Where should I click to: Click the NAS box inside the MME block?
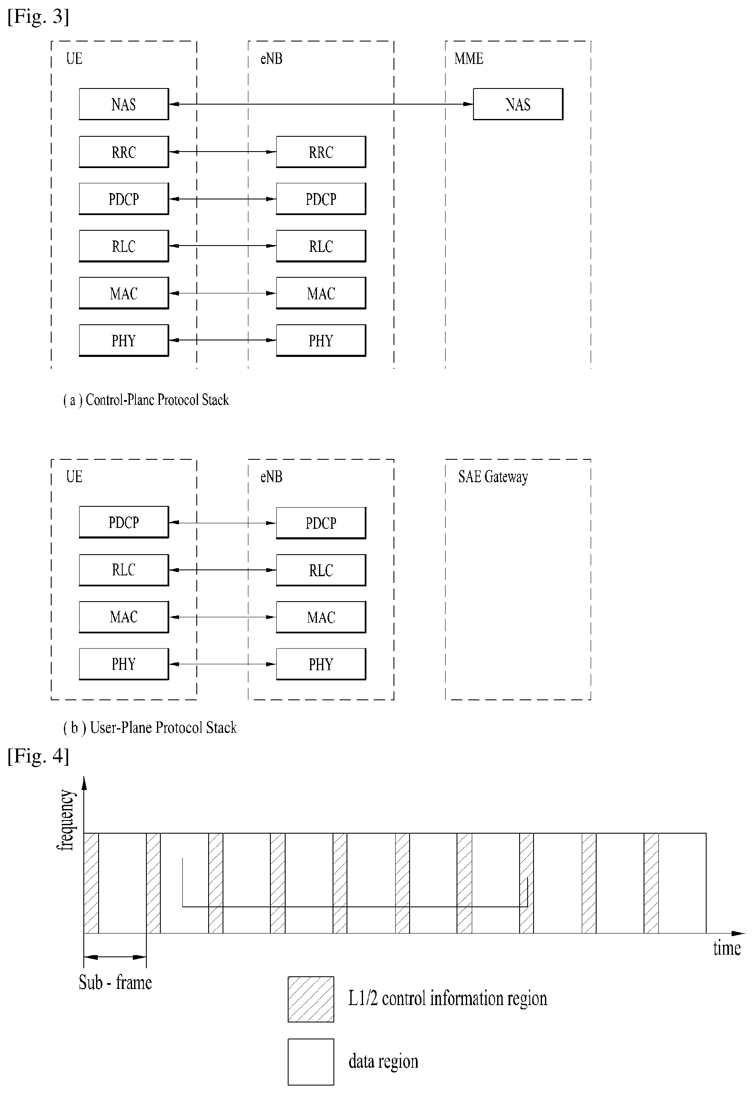click(518, 104)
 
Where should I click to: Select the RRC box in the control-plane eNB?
click(321, 152)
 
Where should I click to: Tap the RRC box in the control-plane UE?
click(124, 152)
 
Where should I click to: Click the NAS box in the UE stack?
click(124, 104)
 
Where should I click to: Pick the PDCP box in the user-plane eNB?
click(321, 523)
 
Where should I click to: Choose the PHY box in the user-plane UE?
click(124, 664)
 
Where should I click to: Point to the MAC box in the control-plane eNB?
click(321, 293)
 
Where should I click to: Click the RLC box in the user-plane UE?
click(124, 570)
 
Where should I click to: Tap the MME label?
click(469, 58)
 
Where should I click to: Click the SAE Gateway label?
click(493, 477)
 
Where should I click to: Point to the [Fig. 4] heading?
click(38, 756)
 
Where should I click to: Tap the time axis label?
click(726, 948)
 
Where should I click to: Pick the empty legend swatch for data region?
click(311, 1062)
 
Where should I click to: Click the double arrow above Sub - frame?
click(115, 957)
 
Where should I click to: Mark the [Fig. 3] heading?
click(38, 16)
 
